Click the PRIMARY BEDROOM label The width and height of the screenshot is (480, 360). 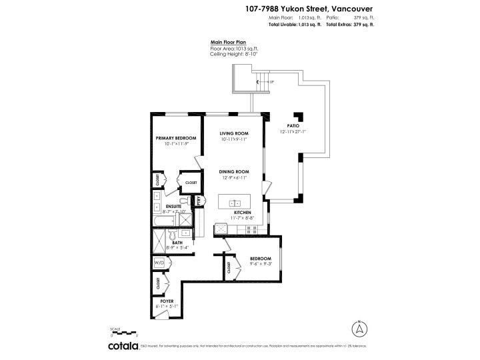point(176,138)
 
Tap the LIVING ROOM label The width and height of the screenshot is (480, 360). point(234,133)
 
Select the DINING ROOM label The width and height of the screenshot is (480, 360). point(234,172)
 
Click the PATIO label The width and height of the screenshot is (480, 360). point(293,125)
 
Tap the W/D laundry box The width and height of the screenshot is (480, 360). point(159,263)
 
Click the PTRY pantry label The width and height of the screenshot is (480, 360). point(198,201)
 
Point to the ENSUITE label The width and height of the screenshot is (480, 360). point(174,207)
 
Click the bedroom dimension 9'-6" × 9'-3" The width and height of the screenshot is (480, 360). point(261,263)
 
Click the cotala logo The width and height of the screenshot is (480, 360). point(123,346)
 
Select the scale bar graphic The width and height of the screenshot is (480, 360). point(124,334)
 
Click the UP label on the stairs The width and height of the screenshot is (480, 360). point(271,82)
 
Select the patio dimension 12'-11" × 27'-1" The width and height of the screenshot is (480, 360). point(293,131)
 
